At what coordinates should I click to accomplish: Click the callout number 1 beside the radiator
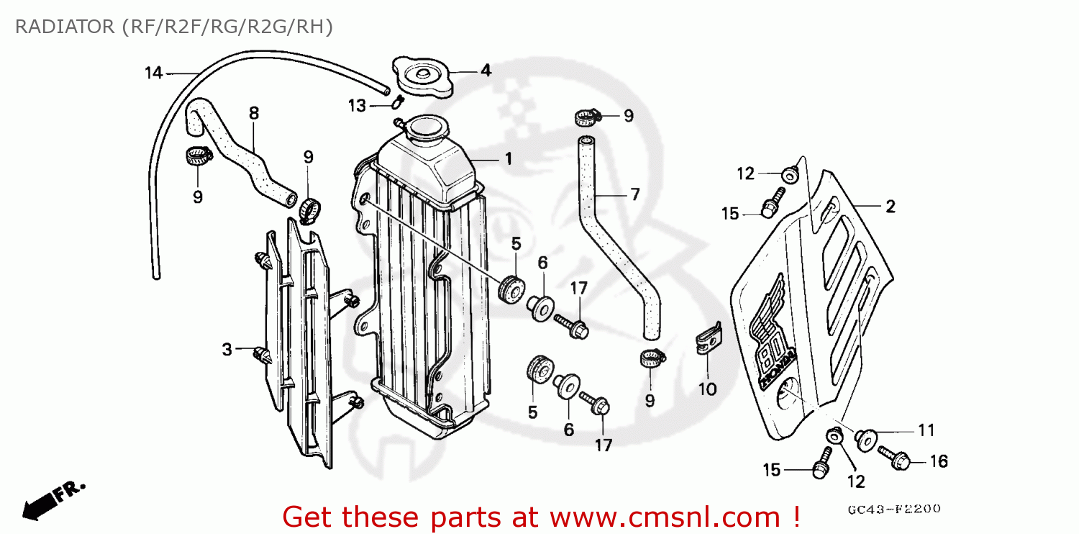click(508, 159)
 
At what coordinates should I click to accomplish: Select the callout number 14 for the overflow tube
click(153, 73)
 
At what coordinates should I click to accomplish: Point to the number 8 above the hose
click(253, 113)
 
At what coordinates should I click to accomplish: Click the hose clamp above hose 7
click(586, 117)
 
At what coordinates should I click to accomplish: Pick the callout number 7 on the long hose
click(634, 194)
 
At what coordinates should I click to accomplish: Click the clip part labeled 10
click(708, 340)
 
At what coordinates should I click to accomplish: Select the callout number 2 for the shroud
click(890, 207)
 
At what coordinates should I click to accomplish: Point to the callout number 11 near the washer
click(927, 430)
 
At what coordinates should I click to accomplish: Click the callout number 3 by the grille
click(227, 350)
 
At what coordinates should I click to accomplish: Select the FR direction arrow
click(50, 499)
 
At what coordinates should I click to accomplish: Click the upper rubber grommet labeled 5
click(511, 287)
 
